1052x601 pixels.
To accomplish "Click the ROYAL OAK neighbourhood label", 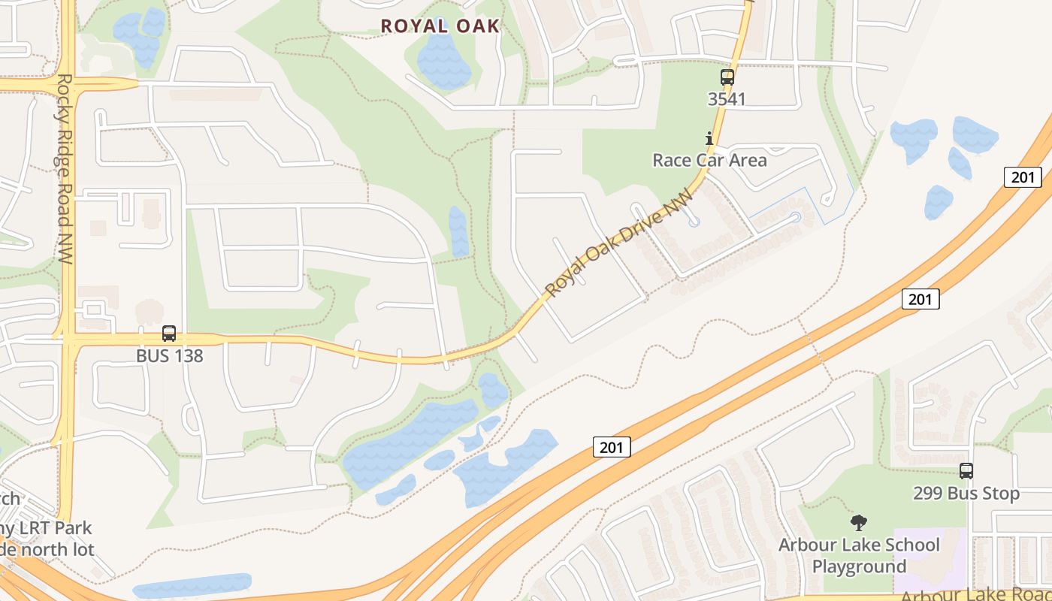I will (x=440, y=26).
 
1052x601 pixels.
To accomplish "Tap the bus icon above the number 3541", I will (x=727, y=77).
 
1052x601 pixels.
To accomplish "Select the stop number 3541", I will (x=727, y=98).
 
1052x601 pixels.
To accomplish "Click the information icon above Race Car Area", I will (x=709, y=138).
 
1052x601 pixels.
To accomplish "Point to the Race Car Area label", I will (x=709, y=160).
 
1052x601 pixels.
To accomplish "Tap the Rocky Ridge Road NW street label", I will (x=65, y=169).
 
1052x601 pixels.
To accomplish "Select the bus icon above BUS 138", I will (x=169, y=334).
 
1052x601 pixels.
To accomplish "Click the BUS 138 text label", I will (x=169, y=355).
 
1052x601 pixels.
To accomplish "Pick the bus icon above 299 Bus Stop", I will (x=966, y=471).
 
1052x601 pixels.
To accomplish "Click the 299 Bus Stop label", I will (x=966, y=494).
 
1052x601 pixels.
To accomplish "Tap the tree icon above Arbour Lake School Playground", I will (x=858, y=523).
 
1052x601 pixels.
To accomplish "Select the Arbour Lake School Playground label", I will (x=859, y=555).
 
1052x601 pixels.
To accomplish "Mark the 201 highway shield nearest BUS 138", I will (x=612, y=448).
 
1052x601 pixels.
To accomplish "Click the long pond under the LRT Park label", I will (x=192, y=585).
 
